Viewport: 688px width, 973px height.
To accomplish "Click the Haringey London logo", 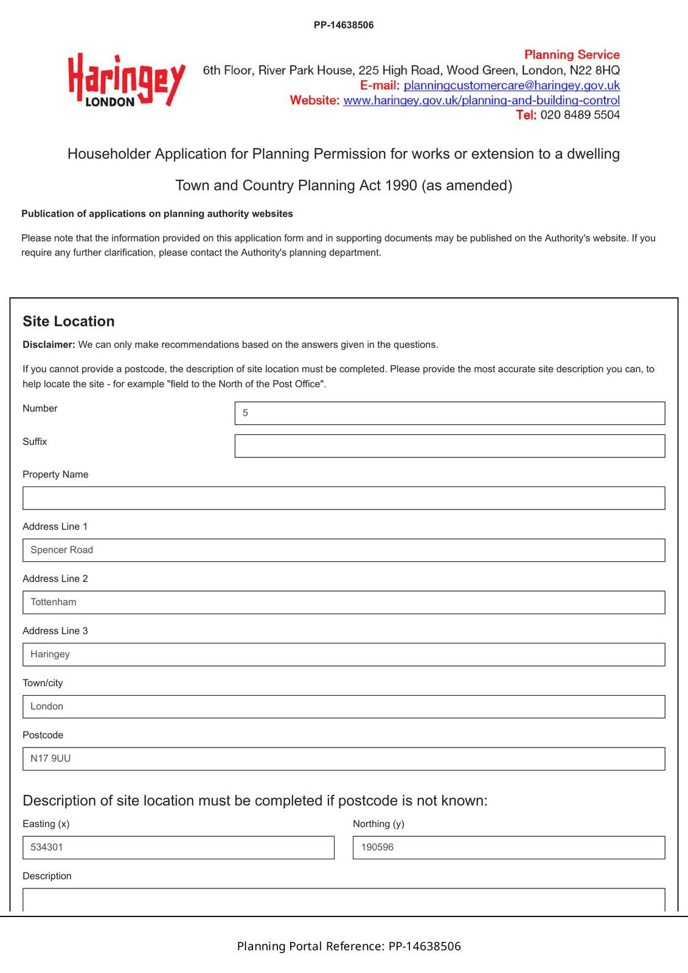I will coord(126,80).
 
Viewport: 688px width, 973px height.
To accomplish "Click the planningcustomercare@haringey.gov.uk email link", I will coord(512,86).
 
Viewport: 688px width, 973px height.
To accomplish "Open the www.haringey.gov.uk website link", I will coord(481,100).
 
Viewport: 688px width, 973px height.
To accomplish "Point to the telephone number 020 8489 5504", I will coord(580,115).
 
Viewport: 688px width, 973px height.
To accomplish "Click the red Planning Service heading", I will coord(572,55).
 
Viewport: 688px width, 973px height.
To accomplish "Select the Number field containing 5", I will coord(450,413).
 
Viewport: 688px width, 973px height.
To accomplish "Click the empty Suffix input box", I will coord(450,446).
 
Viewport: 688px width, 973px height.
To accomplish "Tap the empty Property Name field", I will coord(344,498).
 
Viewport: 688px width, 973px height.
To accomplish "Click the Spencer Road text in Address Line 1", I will coord(62,550).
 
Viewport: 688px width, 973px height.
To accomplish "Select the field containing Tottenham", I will coord(344,602).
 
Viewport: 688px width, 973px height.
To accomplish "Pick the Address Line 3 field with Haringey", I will coord(344,654).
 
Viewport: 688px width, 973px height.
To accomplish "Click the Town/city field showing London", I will coord(344,707).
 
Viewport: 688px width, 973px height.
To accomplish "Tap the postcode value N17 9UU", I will coord(50,758).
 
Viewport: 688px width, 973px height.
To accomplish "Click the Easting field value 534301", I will coord(47,847).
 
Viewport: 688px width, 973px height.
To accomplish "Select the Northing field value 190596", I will coord(377,847).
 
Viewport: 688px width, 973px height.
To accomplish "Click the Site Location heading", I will coord(69,321).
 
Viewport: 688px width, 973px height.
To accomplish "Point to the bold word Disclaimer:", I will coord(49,345).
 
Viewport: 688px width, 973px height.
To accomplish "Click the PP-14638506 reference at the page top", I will coord(344,25).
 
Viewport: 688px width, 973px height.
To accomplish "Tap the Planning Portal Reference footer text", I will coord(349,946).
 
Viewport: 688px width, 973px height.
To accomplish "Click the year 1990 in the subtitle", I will coord(401,185).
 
